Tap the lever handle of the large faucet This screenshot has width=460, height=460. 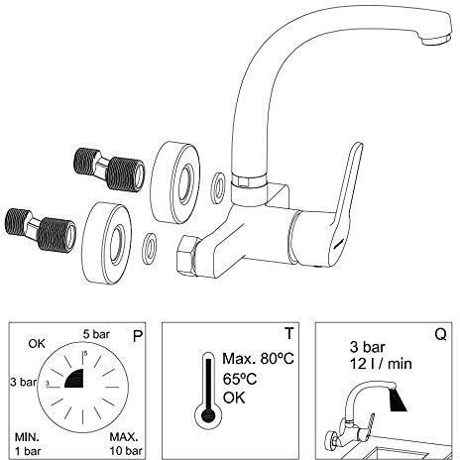[345, 205]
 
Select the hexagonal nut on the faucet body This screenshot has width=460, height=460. [187, 255]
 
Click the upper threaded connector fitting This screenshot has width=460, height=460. [109, 170]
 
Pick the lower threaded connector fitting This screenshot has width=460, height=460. [41, 230]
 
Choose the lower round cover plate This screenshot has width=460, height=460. [106, 243]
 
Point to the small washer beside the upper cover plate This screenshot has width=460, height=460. [218, 187]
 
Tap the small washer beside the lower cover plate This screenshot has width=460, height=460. [150, 249]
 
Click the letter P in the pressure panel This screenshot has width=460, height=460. [137, 336]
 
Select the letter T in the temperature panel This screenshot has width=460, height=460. [288, 333]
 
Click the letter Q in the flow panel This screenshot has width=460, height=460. [440, 334]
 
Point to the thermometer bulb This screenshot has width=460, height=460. [208, 415]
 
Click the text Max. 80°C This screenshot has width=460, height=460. [258, 359]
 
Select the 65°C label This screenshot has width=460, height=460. [240, 379]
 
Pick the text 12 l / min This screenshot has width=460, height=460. [381, 364]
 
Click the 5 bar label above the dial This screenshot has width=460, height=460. [96, 334]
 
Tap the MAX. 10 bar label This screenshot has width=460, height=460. [126, 444]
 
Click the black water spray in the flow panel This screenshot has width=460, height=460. [398, 401]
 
